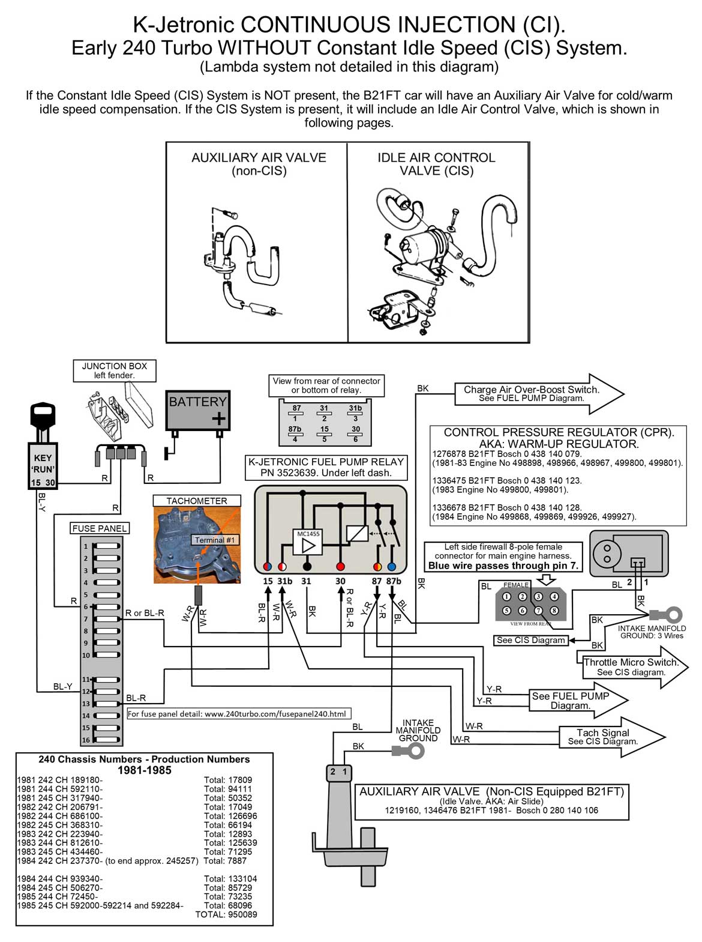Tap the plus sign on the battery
219,418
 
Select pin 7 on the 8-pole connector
538,610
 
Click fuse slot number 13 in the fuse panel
106,703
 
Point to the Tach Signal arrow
606,737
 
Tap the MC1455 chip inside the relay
308,542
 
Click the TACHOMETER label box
196,501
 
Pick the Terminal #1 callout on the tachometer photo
214,540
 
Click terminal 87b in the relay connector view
295,433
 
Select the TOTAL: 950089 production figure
226,914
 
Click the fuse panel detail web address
236,714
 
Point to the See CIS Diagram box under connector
531,640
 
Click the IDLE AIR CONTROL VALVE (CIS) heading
436,164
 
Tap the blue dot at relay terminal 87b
392,566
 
